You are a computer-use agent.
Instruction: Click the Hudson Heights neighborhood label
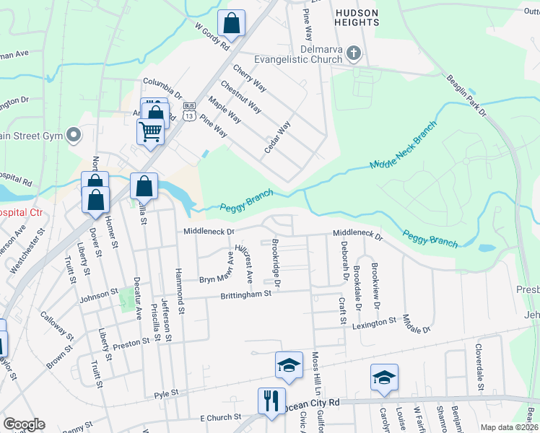pyautogui.click(x=356, y=17)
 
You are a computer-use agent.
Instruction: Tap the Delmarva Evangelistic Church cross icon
pyautogui.click(x=354, y=53)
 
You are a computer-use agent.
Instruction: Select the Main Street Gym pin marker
pyautogui.click(x=74, y=135)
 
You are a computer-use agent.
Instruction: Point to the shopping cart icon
pyautogui.click(x=150, y=131)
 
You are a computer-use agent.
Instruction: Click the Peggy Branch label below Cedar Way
pyautogui.click(x=248, y=200)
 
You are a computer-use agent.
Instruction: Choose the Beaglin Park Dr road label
pyautogui.click(x=466, y=96)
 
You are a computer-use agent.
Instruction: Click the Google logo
pyautogui.click(x=24, y=424)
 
